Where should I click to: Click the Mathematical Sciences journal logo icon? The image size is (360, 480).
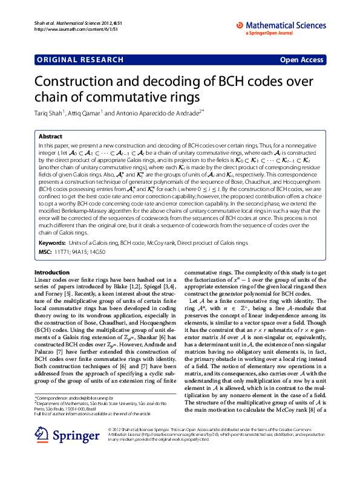coord(240,25)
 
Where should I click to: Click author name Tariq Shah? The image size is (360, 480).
coord(51,112)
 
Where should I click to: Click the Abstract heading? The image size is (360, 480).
coord(50,137)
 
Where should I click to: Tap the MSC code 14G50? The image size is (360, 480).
coord(96,251)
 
